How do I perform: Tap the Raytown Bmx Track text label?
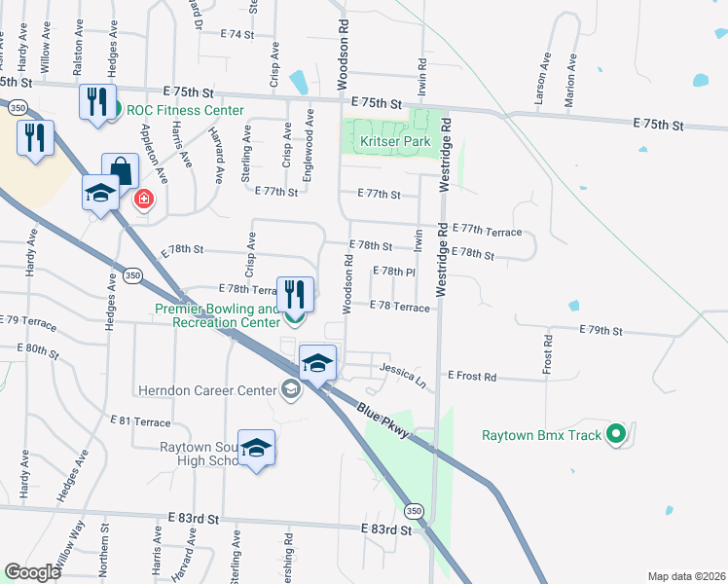click(542, 435)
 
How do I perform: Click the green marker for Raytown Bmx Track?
click(615, 434)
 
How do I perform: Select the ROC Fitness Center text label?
click(185, 110)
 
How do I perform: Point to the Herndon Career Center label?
click(207, 391)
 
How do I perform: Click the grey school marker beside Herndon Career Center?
click(290, 390)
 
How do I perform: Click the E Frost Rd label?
click(472, 376)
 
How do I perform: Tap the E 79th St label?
click(600, 330)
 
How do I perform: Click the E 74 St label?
click(237, 34)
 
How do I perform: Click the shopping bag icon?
click(120, 171)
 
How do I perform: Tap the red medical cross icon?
click(144, 200)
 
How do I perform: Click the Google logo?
click(33, 572)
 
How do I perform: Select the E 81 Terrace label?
click(141, 421)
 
